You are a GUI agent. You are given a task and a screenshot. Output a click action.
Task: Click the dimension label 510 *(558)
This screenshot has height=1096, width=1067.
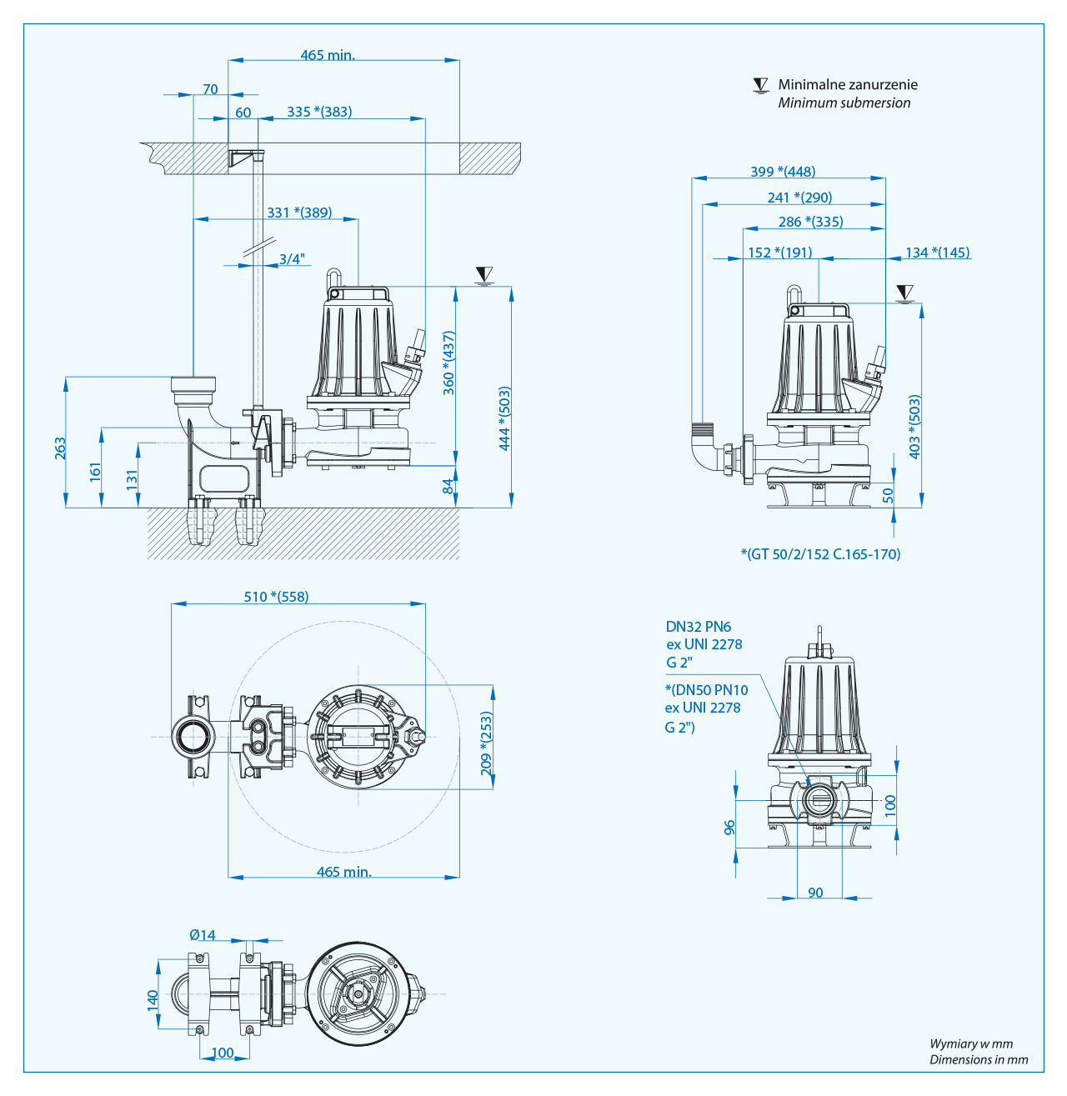(276, 597)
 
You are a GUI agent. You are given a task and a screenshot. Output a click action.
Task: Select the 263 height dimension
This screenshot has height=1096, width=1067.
(60, 448)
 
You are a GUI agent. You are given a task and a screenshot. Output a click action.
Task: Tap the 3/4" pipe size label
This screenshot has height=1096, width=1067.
(292, 259)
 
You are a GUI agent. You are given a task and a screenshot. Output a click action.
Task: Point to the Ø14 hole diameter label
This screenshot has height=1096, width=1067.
(202, 935)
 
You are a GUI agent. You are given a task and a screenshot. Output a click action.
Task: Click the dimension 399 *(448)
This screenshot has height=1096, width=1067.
(783, 172)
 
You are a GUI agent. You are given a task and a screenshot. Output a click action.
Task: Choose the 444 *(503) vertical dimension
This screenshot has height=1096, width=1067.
(504, 418)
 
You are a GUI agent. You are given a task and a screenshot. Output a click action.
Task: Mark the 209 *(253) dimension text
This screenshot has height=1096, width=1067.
(487, 743)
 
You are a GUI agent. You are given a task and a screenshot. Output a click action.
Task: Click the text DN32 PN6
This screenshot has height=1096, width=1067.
(698, 627)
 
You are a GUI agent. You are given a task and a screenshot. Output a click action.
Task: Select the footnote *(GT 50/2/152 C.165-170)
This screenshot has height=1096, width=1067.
(820, 554)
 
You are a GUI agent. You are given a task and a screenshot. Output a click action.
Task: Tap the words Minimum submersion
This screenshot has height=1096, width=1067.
(844, 103)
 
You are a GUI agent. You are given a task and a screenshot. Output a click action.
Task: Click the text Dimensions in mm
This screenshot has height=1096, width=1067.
(979, 1060)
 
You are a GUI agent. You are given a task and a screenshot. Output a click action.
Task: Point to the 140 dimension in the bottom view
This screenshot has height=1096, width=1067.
(153, 998)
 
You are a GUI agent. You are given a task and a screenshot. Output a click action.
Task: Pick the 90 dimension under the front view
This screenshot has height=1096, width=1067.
(815, 893)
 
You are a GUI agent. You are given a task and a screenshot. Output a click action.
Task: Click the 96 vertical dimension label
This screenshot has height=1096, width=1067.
(730, 828)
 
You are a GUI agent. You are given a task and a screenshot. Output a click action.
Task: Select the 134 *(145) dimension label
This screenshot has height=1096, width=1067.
(937, 253)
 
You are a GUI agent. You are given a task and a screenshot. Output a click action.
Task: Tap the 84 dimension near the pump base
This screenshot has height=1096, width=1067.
(448, 486)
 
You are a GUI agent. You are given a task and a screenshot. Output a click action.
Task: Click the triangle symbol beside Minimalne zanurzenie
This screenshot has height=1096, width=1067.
(760, 85)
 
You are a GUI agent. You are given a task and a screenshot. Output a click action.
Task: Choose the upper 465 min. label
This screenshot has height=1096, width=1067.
(328, 55)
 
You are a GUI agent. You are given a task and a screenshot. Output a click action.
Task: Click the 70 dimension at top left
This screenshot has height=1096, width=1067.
(210, 89)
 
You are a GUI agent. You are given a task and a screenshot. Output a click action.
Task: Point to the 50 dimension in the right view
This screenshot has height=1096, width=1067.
(888, 494)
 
